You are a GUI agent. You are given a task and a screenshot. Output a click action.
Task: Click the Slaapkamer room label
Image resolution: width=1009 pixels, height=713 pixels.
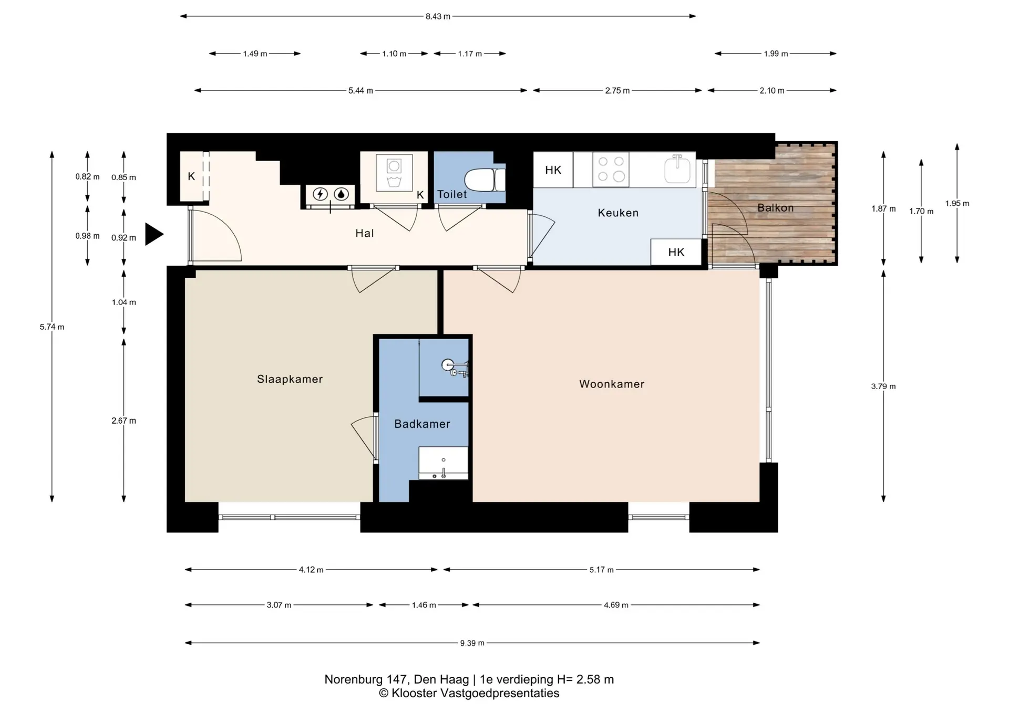coord(290,379)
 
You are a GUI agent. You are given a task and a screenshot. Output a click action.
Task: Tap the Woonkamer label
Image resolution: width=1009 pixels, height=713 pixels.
coord(612,384)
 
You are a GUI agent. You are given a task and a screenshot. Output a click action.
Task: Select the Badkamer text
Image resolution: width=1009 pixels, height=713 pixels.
coord(422,424)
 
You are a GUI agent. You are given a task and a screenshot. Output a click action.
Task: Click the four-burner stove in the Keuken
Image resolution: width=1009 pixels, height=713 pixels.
coord(611,169)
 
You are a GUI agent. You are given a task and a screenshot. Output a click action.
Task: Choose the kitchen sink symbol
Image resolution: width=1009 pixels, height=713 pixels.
coord(677,169)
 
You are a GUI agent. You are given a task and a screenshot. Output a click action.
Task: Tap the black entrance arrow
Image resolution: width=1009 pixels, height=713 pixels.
coord(154,234)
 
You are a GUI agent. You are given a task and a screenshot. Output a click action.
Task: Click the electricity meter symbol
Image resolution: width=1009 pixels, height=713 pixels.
coord(320,194)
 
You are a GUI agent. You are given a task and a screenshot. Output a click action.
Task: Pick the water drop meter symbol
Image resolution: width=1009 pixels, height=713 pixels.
coord(342,194)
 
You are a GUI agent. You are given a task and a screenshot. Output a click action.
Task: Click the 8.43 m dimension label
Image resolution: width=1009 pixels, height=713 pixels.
coord(438,16)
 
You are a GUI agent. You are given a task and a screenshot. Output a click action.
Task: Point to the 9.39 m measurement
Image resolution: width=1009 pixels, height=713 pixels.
coord(472,643)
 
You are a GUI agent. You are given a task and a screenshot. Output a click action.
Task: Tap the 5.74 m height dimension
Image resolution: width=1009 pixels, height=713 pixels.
coord(52,327)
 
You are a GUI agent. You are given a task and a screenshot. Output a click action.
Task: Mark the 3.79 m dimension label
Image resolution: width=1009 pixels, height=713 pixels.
coord(883,386)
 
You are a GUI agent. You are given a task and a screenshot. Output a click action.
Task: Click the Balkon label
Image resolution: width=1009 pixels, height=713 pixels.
coord(776,208)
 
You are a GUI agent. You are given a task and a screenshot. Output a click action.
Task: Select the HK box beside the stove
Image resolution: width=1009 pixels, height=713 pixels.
coord(553,170)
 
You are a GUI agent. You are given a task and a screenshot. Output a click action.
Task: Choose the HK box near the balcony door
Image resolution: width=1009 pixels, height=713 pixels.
coord(676,252)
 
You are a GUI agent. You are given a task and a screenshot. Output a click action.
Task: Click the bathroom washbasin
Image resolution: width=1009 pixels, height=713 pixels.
coord(443,463)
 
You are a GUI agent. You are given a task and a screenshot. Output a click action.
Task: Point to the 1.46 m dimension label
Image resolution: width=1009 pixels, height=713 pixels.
coord(424,605)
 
